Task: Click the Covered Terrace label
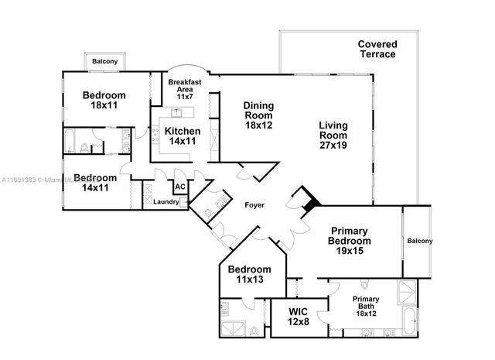377,50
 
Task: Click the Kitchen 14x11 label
183,137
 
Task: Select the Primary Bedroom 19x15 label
357,241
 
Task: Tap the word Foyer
255,206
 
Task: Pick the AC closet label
179,187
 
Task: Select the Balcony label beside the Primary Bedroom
419,241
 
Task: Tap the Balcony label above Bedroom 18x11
105,61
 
